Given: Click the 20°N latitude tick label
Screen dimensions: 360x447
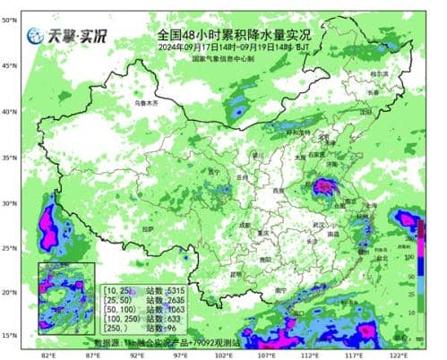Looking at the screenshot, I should pos(11,292).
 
